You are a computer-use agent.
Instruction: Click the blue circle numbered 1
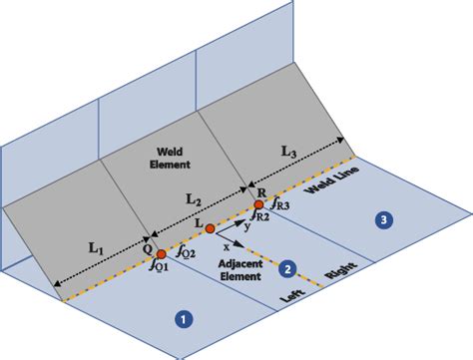(182, 319)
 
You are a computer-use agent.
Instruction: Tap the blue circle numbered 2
(286, 268)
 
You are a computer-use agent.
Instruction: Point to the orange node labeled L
(211, 228)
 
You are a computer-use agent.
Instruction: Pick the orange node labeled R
(259, 204)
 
